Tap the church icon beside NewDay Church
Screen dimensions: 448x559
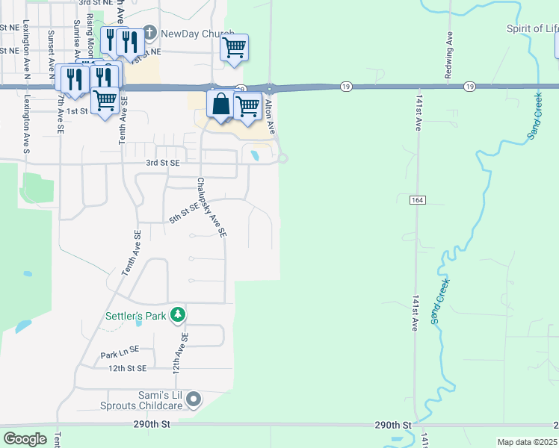pyautogui.click(x=149, y=34)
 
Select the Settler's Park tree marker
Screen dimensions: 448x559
pyautogui.click(x=178, y=316)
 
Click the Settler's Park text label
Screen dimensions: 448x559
pyautogui.click(x=135, y=316)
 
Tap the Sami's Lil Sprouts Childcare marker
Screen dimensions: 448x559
pyautogui.click(x=194, y=400)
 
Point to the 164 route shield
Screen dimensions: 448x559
pyautogui.click(x=417, y=200)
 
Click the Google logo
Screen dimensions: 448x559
pyautogui.click(x=25, y=439)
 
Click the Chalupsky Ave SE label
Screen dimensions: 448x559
pyautogui.click(x=211, y=208)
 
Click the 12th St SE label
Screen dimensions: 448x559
pyautogui.click(x=126, y=368)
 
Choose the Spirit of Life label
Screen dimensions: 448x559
pyautogui.click(x=532, y=29)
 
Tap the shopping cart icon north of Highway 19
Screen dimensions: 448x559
pyautogui.click(x=235, y=49)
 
